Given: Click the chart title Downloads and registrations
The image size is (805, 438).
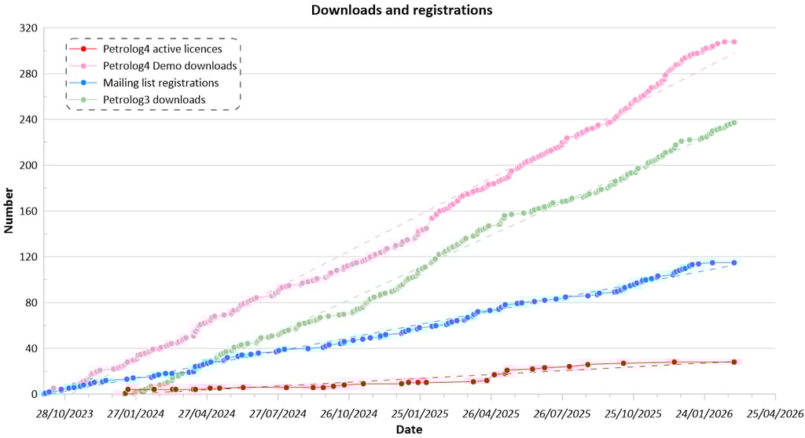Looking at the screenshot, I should [402, 10].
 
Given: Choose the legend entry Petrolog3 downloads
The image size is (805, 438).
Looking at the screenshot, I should [154, 100].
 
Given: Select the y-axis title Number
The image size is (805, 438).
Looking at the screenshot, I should [9, 211].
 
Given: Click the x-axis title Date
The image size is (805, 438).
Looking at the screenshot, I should [409, 429].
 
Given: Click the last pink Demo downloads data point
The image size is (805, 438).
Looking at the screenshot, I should [733, 42].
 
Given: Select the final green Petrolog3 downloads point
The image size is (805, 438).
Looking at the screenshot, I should [733, 123].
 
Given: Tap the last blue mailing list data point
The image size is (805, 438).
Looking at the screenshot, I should [733, 263].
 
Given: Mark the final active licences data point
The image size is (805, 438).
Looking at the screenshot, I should [733, 362].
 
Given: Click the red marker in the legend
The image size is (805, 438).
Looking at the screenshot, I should [83, 49].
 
